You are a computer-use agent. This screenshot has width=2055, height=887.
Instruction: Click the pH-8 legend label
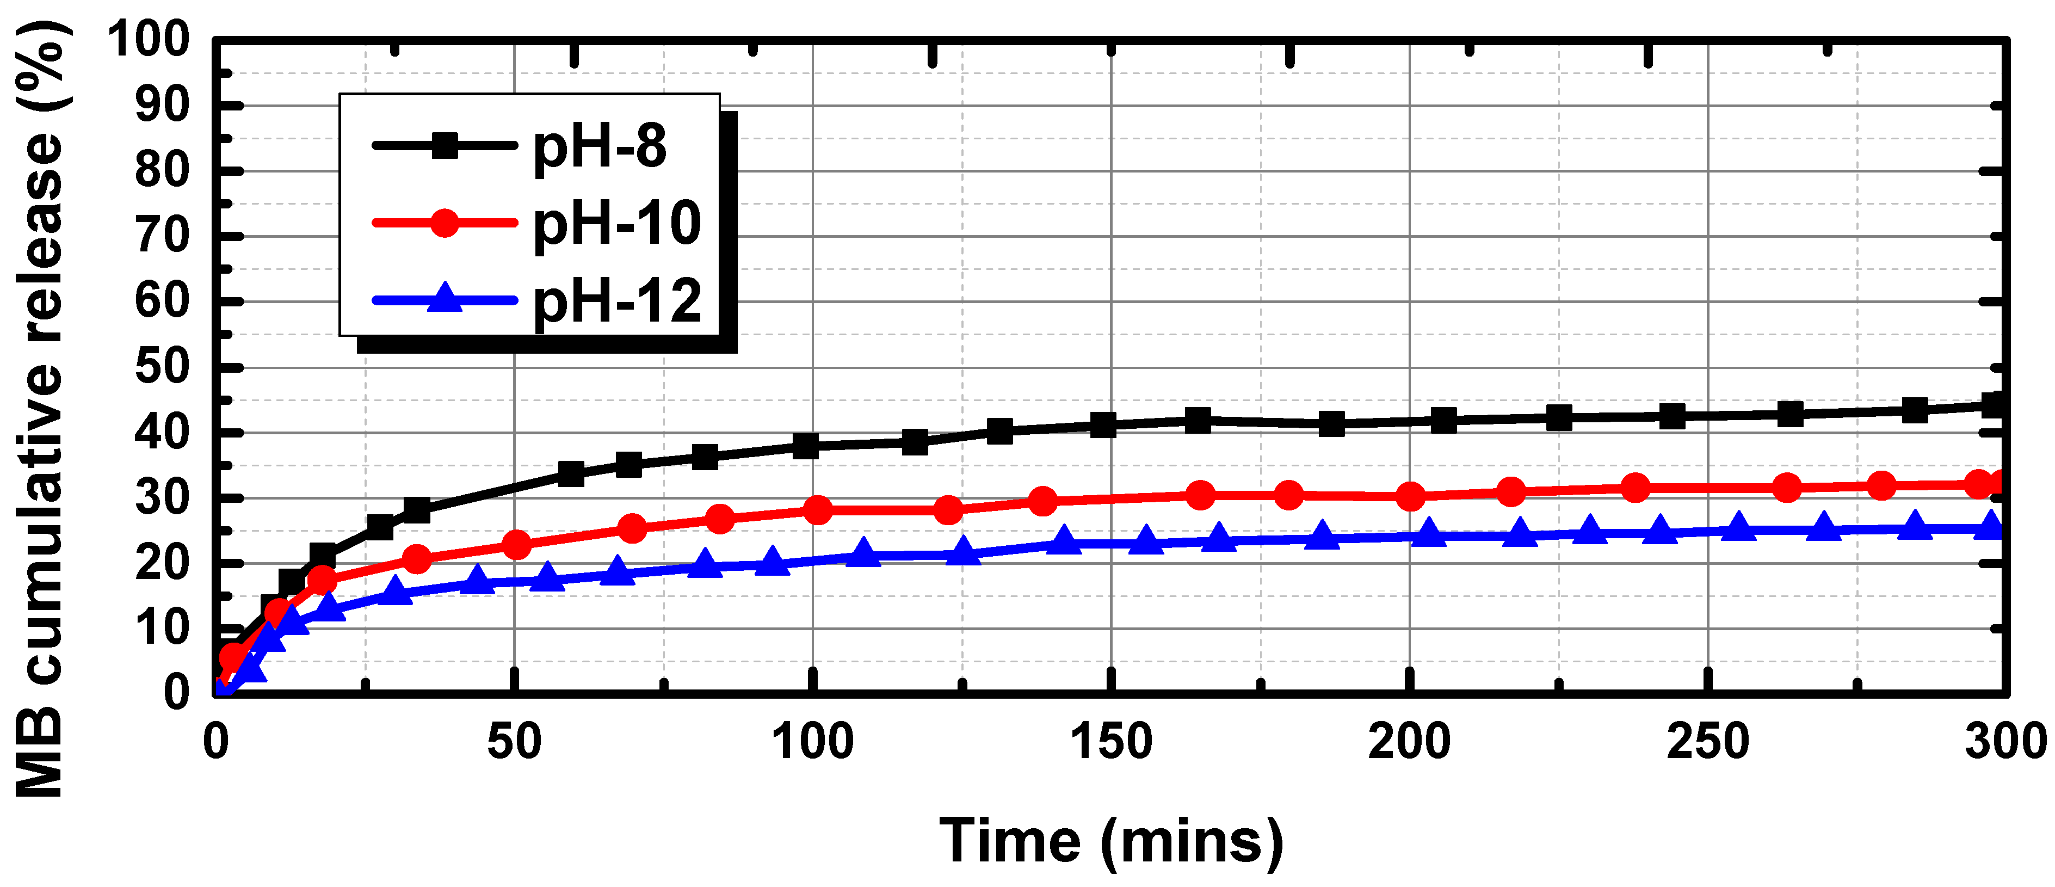click(x=599, y=147)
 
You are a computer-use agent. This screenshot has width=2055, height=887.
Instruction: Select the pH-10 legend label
click(x=616, y=224)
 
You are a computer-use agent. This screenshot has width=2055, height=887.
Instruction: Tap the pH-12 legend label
click(x=616, y=301)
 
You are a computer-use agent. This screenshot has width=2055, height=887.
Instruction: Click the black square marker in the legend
click(x=445, y=145)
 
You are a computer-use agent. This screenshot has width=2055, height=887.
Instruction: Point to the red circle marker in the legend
click(x=445, y=223)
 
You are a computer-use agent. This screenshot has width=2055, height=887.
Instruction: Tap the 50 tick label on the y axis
click(x=162, y=368)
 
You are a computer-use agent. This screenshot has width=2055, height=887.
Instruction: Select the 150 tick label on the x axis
click(x=1110, y=742)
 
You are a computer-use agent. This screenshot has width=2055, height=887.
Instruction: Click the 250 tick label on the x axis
click(x=1707, y=742)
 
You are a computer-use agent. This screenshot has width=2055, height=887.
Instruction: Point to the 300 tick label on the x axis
click(x=2004, y=742)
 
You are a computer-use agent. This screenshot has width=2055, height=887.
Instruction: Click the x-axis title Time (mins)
click(x=1110, y=841)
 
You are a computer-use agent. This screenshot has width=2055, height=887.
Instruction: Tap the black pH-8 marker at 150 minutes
click(x=1103, y=425)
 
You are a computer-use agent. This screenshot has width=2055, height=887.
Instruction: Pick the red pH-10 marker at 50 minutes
click(x=517, y=545)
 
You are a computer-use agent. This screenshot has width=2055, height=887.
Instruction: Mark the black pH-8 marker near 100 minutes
click(x=806, y=445)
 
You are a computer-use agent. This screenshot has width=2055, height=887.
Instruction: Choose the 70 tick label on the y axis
click(x=162, y=236)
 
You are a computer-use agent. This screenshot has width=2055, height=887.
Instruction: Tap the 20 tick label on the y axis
click(x=162, y=563)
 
